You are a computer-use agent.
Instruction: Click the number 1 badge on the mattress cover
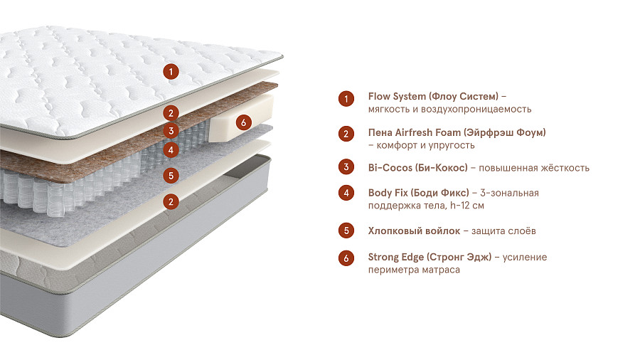(170, 70)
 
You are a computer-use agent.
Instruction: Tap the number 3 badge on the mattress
(170, 131)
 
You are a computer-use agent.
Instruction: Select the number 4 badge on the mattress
(170, 150)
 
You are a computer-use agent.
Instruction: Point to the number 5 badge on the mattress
(170, 175)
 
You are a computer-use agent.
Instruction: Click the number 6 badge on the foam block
(242, 122)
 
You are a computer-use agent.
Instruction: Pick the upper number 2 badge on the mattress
(170, 112)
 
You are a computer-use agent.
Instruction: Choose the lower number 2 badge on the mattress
(170, 202)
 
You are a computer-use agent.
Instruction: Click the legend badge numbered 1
(346, 99)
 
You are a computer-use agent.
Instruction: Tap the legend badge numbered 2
(346, 134)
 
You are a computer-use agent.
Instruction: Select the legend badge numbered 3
(346, 168)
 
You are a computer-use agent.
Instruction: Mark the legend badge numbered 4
(346, 193)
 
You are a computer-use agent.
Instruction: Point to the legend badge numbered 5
(346, 231)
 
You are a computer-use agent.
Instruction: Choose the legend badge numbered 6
(346, 258)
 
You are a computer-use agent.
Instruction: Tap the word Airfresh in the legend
(413, 133)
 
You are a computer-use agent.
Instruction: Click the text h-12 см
(468, 206)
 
